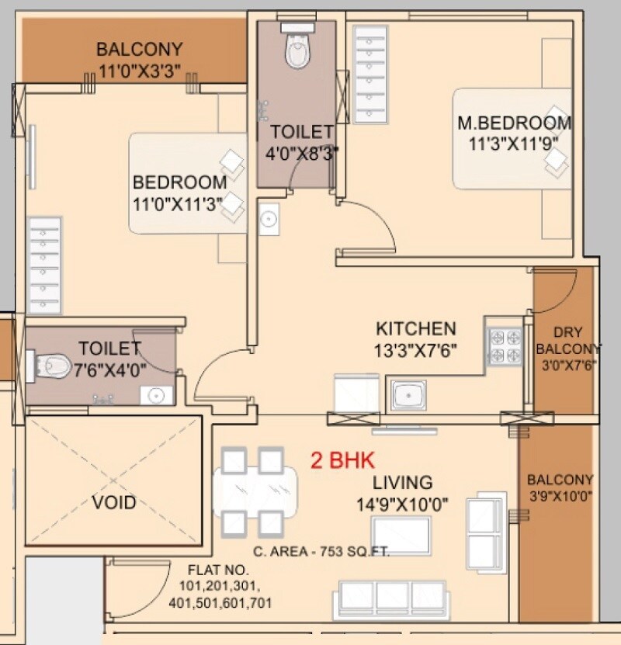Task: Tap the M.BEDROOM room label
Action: click(x=514, y=123)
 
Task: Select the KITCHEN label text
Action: click(x=416, y=328)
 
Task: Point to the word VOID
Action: click(x=114, y=502)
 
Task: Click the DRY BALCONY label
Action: click(x=568, y=340)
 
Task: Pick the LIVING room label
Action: click(x=402, y=483)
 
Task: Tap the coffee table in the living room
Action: click(x=401, y=534)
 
